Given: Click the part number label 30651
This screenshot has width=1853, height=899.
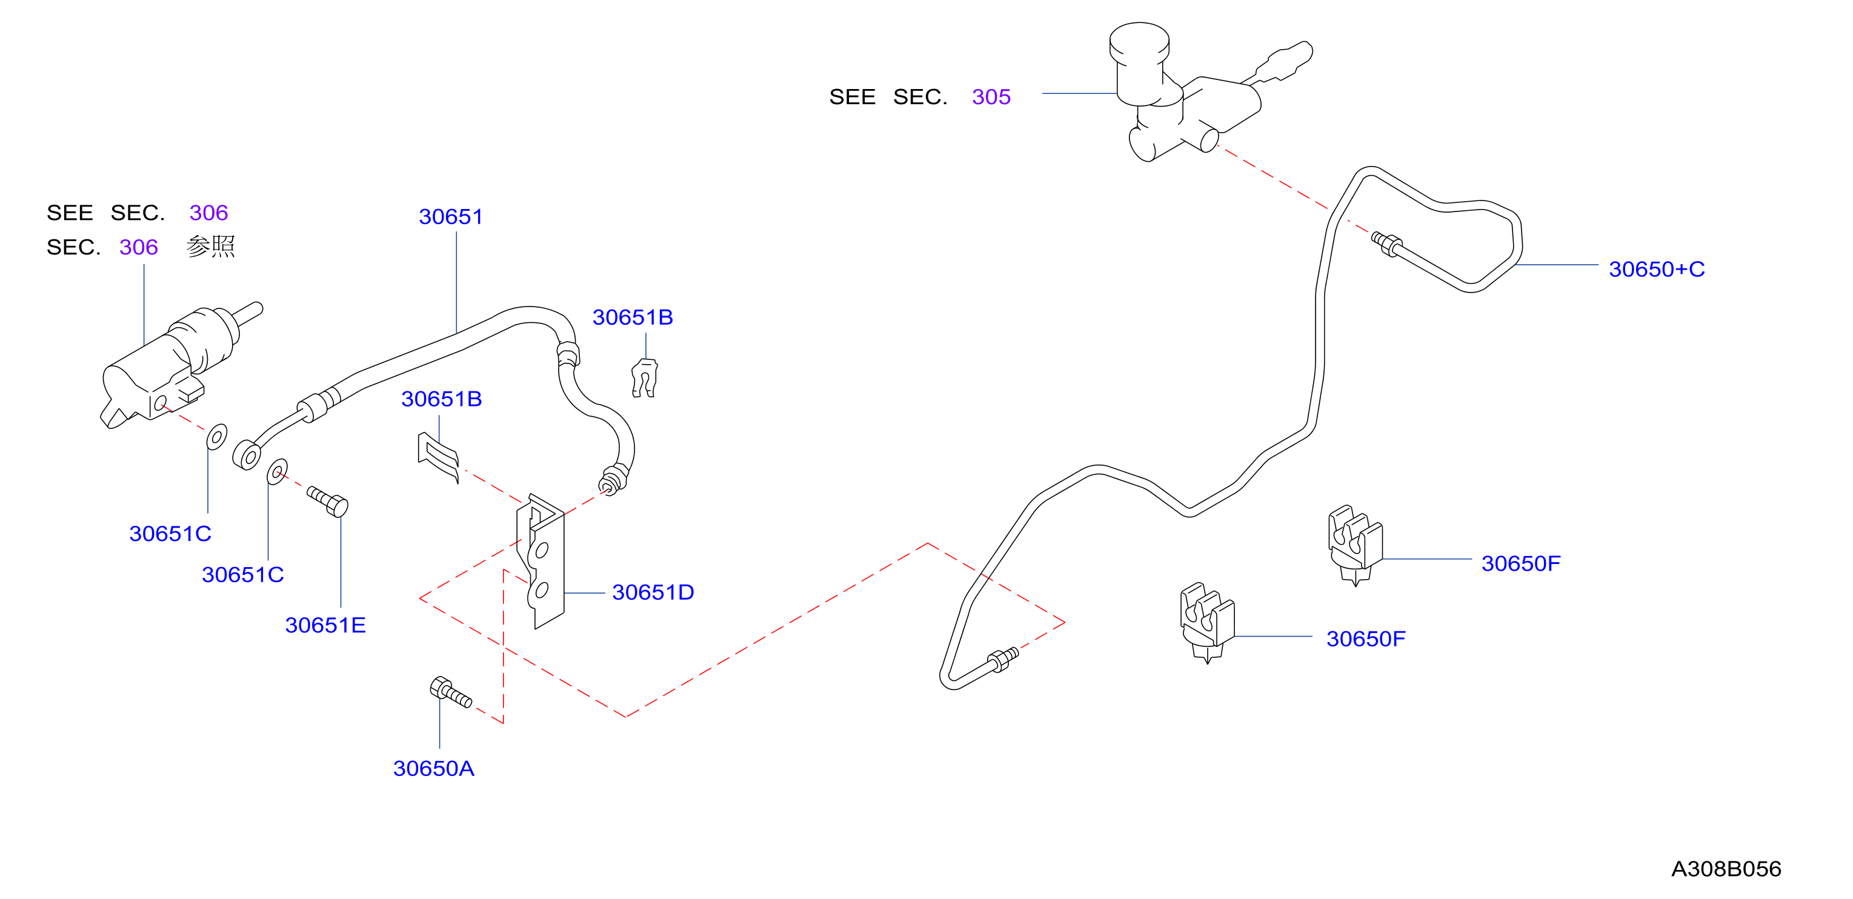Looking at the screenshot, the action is pos(451,216).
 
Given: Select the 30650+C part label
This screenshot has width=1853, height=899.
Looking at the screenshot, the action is pos(1657,269).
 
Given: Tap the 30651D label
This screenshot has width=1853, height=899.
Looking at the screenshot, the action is pos(653,592).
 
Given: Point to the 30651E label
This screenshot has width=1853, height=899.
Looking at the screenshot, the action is pos(325,625).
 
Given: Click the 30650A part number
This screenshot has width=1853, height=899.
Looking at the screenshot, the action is pos(434,768).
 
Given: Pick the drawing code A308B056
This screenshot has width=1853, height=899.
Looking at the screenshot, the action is pos(1726,869).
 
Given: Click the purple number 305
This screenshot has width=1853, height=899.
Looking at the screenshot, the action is pos(991,96).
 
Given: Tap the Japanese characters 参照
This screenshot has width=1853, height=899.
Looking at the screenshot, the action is pos(211,247).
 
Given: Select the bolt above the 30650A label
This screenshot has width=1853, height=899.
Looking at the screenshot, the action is pos(450,692).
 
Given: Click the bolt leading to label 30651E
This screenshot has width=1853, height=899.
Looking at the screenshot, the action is pos(328,501).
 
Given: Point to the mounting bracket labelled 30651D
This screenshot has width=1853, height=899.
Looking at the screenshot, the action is pos(541,561).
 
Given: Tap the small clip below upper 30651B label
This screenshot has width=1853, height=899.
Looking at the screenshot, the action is pos(645,377).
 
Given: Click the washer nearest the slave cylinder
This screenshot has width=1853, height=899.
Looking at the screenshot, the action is pos(216,437).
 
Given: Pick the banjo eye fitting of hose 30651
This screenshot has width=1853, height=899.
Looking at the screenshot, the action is pos(247,455).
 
